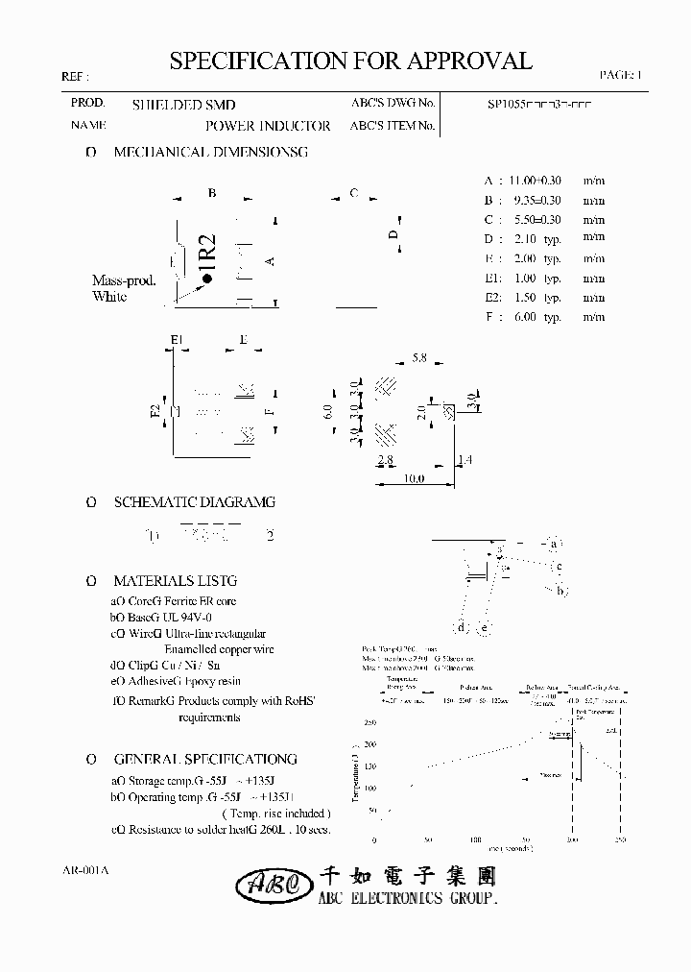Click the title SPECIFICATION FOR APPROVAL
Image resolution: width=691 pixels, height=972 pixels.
click(350, 61)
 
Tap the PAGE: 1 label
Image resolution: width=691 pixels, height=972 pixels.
click(621, 74)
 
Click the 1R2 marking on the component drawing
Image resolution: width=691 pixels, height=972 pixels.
click(208, 255)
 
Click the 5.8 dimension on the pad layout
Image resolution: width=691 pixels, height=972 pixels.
click(418, 358)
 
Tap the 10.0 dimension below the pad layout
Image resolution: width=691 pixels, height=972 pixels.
click(414, 478)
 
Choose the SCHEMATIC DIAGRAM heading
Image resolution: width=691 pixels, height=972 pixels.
click(194, 501)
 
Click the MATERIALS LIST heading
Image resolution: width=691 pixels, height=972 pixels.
click(175, 580)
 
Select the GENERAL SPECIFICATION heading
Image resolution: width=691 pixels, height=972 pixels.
click(205, 758)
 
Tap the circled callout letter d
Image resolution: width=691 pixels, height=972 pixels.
click(462, 628)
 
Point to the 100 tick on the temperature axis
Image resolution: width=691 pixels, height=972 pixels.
click(370, 788)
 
